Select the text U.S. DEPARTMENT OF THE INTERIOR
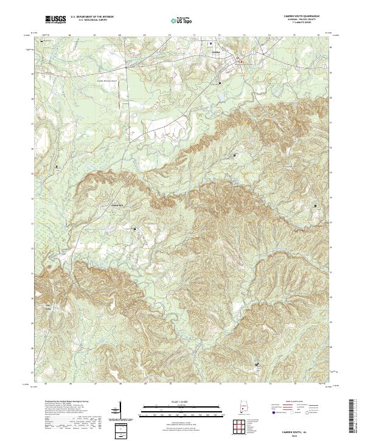pos(91,17)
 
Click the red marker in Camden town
pos(242,61)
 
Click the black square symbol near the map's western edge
pos(58,165)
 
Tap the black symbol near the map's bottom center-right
pos(258,365)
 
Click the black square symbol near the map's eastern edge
pos(315,206)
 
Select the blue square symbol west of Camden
pos(211,44)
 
